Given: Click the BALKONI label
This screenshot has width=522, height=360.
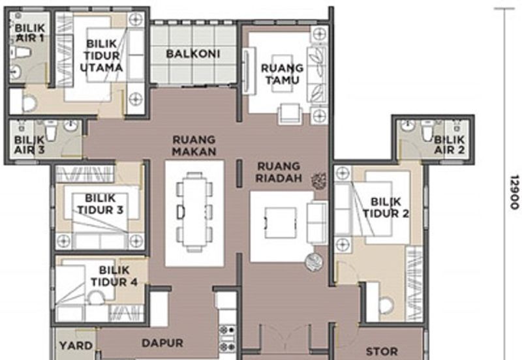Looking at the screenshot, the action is tap(193, 53).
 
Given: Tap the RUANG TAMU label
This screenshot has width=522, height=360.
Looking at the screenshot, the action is tap(282, 74).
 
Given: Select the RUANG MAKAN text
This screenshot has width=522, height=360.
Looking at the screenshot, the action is tap(194, 145).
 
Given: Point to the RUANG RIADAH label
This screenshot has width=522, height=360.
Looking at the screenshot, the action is tap(279, 172).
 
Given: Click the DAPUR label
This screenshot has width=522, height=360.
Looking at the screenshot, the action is tap(162, 343).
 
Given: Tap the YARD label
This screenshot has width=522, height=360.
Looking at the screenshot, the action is tap(76, 346).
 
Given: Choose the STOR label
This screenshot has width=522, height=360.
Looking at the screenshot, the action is tap(382, 352).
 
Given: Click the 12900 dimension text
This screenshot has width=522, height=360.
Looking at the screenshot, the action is tap(514, 192).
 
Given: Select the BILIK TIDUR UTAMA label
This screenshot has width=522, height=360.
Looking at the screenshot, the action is tap(101, 55).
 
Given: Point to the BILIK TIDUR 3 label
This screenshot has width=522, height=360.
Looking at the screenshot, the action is tap(100, 204).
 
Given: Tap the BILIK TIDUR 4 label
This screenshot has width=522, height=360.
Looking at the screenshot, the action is tap(114, 276).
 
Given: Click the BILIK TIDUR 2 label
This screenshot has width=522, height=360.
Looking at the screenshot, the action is tap(386, 207).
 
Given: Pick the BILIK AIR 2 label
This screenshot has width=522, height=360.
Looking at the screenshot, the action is tap(449, 145).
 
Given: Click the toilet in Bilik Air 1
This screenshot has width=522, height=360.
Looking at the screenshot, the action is tap(20, 52).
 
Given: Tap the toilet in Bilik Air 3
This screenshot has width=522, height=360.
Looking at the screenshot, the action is tap(51, 130).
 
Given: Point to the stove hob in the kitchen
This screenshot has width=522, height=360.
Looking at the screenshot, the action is tap(227, 338).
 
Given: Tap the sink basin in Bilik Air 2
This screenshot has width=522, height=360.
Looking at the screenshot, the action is tap(408, 125).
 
